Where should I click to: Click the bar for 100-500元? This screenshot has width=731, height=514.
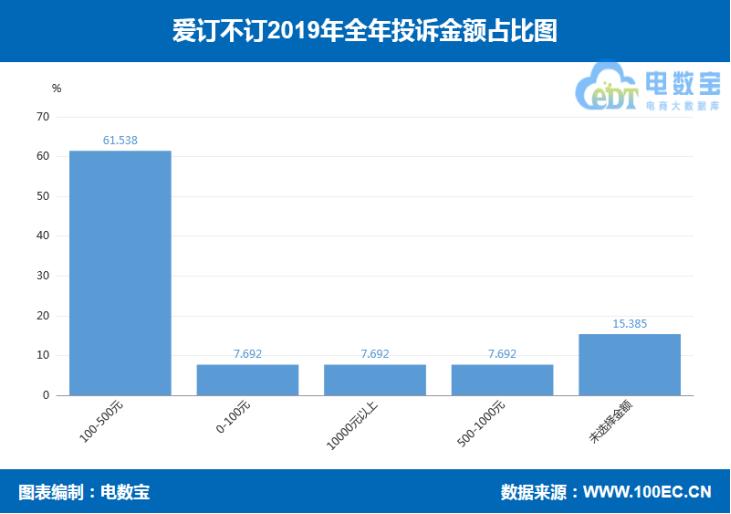120,272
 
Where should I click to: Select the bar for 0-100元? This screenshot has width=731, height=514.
247,379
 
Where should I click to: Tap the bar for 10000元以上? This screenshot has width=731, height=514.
374,379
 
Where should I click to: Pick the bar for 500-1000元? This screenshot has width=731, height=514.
502,379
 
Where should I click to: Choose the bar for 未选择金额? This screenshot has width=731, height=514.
629,364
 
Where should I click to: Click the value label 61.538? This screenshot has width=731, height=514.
120,141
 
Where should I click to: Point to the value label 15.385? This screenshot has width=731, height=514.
629,324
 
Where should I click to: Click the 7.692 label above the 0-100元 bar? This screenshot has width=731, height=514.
247,354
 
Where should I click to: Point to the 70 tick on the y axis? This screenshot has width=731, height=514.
43,117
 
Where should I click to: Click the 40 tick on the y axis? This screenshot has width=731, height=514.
43,236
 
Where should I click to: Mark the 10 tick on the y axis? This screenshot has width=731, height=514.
43,355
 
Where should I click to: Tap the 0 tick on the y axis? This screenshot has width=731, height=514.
46,395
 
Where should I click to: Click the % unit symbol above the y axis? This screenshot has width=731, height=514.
56,88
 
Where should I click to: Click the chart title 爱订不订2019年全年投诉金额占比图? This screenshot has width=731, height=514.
365,30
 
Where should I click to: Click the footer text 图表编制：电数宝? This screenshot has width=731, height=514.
84,492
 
